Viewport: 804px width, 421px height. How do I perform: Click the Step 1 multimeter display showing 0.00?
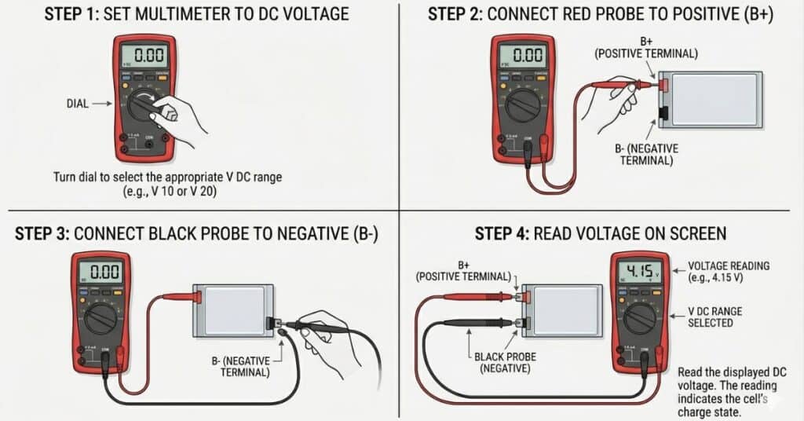coord(143,56)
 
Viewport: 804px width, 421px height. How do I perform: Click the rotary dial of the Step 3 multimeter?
coord(100,317)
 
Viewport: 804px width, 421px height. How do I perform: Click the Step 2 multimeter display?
coord(522,56)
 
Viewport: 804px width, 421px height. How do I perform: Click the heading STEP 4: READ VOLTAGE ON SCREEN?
coord(601,233)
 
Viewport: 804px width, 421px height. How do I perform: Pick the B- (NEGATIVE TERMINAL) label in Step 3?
coord(247,366)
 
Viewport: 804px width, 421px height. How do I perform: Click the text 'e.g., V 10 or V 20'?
coord(166,192)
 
